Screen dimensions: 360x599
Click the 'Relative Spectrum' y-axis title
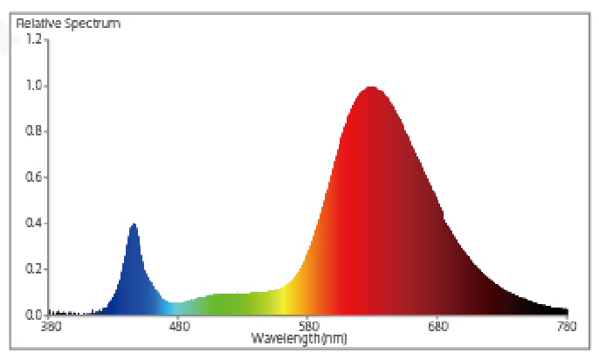click(68, 24)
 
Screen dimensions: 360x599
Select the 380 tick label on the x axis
click(51, 327)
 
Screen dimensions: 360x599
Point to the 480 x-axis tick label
click(179, 327)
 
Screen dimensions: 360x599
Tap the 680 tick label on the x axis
click(437, 327)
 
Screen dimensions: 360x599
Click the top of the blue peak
click(134, 225)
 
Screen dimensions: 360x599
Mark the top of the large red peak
click(371, 87)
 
